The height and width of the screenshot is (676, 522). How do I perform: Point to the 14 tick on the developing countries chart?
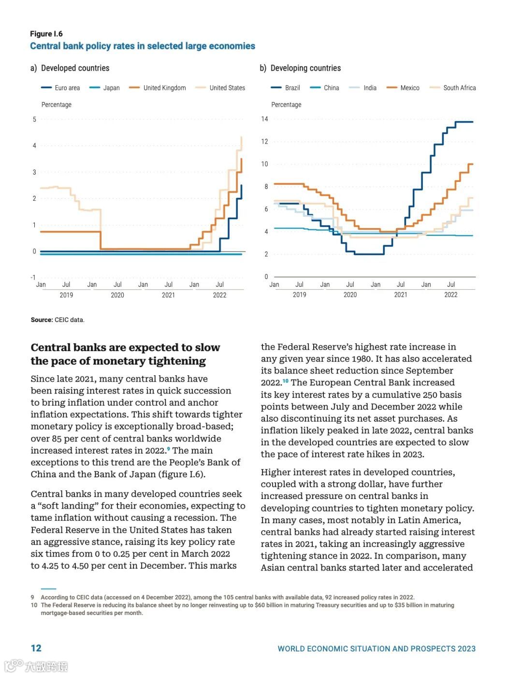[x=264, y=119]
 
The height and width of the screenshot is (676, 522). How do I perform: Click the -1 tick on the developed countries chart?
[x=33, y=278]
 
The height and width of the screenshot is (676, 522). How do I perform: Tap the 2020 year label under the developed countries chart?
[x=117, y=295]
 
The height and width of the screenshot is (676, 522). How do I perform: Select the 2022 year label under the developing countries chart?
[x=450, y=294]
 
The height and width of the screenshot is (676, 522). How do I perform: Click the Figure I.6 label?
[x=46, y=34]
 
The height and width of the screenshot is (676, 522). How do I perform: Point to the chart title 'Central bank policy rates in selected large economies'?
[x=143, y=46]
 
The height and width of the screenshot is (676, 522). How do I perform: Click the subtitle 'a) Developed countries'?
[x=70, y=68]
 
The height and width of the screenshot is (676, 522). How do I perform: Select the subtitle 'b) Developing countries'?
[x=300, y=68]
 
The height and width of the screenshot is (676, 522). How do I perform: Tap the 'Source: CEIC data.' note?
[x=58, y=320]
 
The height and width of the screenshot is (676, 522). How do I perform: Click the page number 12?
[x=36, y=648]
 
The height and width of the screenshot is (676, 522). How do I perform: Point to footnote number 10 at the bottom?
[x=34, y=605]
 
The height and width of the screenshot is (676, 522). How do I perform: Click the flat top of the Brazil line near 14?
[x=464, y=122]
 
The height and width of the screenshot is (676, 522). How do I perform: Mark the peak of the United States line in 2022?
[x=241, y=137]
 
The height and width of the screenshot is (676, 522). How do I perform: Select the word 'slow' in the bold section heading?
[x=207, y=348]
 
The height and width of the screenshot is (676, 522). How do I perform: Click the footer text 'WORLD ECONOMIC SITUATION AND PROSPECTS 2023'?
[x=377, y=649]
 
